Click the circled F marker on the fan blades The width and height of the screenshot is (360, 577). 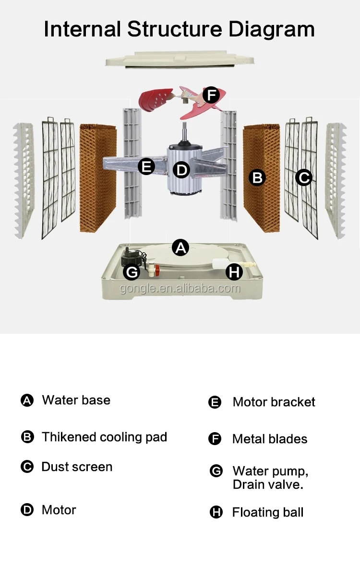tap(211, 95)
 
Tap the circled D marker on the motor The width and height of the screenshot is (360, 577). tap(181, 169)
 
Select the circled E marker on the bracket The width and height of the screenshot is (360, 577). tap(146, 167)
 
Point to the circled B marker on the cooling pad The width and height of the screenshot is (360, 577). tap(258, 177)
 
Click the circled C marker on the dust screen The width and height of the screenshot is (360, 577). tap(303, 177)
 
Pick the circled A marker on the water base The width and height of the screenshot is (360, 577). tap(180, 247)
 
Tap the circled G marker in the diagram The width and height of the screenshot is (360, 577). tap(131, 272)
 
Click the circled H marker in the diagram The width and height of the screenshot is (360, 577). tap(234, 272)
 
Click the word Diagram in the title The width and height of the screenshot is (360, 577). tap(271, 29)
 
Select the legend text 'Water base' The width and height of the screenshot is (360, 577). tap(76, 400)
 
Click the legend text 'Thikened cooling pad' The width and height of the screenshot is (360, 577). tap(104, 437)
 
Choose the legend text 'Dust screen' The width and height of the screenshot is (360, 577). tap(77, 467)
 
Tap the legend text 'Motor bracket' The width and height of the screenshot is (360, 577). tap(274, 402)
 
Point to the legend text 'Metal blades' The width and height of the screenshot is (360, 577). tap(269, 439)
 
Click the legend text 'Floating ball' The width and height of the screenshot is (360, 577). tap(267, 512)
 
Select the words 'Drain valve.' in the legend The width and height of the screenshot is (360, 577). tap(267, 484)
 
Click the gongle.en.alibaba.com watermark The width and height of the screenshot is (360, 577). tap(180, 288)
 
